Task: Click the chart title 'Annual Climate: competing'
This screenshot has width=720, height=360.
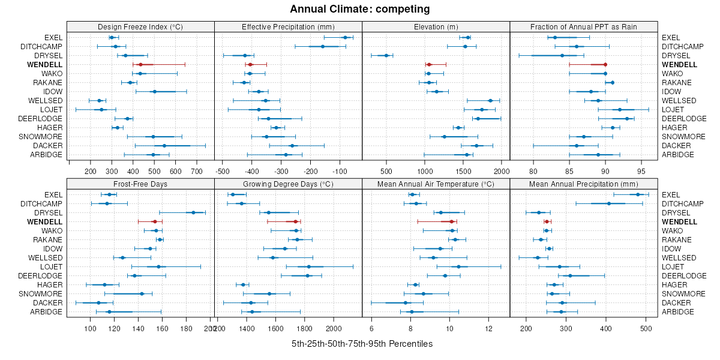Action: (x=359, y=9)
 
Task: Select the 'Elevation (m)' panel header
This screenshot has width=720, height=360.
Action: (x=436, y=26)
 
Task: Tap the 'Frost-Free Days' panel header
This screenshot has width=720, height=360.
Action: (x=140, y=184)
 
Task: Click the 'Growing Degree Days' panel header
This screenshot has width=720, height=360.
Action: (x=288, y=184)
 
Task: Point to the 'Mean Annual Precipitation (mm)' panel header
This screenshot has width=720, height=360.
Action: (x=583, y=184)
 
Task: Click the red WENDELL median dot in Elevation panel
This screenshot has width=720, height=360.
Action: (x=429, y=64)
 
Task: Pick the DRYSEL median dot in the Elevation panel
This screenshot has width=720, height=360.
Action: (x=386, y=55)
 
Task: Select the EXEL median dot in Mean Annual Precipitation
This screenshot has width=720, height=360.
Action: (x=638, y=194)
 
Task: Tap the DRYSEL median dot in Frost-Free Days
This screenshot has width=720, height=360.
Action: (x=193, y=212)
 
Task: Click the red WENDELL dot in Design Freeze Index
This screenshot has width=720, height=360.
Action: (x=140, y=64)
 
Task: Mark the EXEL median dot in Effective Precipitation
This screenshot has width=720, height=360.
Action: (x=345, y=37)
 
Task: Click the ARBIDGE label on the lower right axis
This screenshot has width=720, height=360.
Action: (x=678, y=311)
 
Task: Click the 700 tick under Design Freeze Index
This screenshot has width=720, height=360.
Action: (x=196, y=171)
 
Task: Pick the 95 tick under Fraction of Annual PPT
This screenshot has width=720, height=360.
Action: (x=642, y=171)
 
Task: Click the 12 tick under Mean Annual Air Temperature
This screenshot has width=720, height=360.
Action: (x=489, y=329)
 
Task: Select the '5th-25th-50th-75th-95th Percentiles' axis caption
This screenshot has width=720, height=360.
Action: (x=362, y=344)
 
